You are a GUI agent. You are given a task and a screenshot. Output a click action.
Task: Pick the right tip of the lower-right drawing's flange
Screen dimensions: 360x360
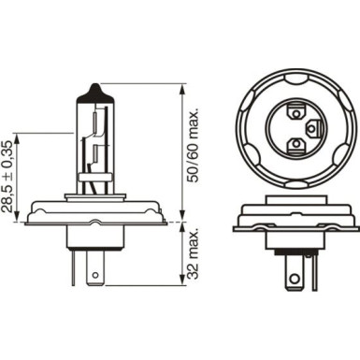click(357, 220)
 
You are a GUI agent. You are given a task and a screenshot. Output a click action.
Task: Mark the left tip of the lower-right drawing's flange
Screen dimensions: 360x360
click(234, 220)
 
